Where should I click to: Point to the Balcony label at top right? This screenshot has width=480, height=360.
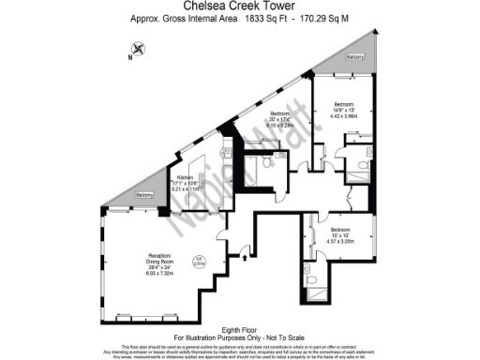point(354,58)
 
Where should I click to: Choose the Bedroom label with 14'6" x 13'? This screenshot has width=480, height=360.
point(343,105)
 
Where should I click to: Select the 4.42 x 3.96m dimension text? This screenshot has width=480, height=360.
point(343,118)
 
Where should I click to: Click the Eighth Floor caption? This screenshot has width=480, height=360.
point(239,328)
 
